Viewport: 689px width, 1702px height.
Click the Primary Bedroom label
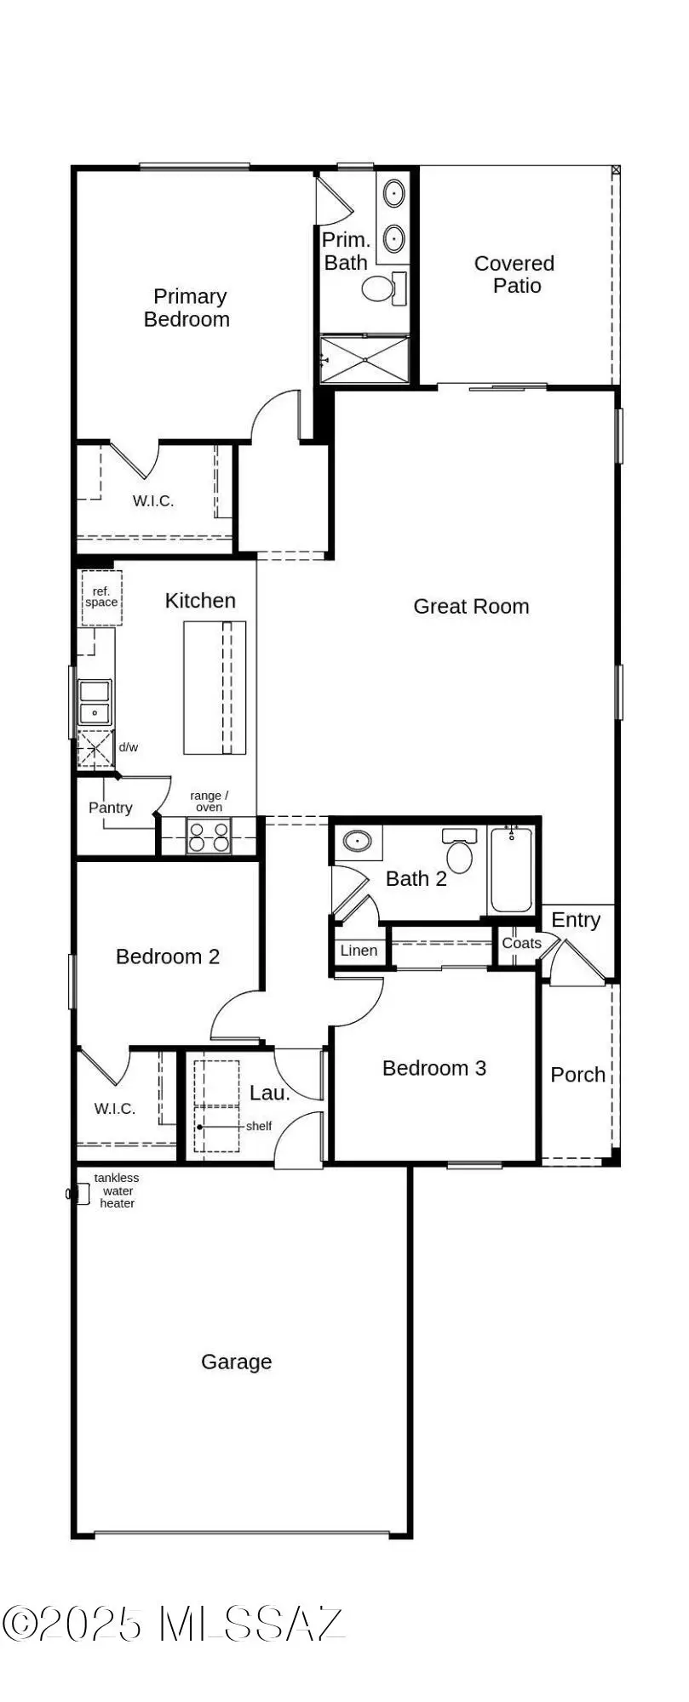(x=187, y=308)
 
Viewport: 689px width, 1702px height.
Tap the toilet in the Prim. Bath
(x=378, y=288)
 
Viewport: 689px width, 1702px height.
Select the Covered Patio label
(x=514, y=275)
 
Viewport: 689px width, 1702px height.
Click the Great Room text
(x=471, y=607)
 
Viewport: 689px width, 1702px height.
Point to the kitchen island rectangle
(x=215, y=688)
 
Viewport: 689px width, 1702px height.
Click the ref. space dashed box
(x=101, y=597)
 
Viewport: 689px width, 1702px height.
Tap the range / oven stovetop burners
(x=209, y=837)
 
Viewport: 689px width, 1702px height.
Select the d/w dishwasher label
(x=129, y=747)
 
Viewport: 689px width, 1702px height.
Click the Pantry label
(x=111, y=808)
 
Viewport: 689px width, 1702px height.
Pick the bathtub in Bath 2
(x=511, y=870)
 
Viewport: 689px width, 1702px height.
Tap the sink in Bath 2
(x=358, y=842)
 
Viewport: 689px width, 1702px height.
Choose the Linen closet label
(x=359, y=951)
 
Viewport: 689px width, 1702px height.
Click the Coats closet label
(x=521, y=943)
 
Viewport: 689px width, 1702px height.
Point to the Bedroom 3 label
(x=434, y=1068)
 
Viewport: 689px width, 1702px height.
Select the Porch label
(x=577, y=1075)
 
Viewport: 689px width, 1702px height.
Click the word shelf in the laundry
(x=259, y=1126)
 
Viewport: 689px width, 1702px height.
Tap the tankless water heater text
(x=117, y=1191)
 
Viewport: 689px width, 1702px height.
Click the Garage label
(x=237, y=1362)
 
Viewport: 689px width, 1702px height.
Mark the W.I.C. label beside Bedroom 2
(x=115, y=1108)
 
